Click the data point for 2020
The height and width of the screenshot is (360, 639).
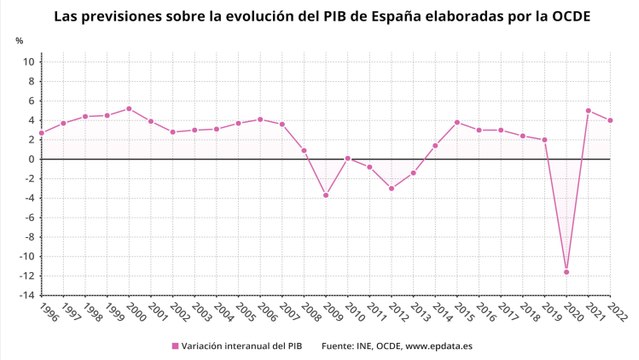[567, 272]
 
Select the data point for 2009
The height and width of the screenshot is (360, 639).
[326, 195]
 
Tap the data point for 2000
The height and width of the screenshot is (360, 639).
[129, 109]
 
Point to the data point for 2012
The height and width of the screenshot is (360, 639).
[391, 188]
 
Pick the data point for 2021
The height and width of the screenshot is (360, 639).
[589, 111]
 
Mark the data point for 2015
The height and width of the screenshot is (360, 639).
[457, 122]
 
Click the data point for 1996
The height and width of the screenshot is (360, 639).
[41, 133]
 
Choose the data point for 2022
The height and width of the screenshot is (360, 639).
[611, 121]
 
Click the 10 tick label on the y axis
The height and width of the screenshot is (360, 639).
[29, 62]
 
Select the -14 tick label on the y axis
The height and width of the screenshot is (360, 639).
[26, 295]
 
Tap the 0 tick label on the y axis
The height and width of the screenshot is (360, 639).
[31, 159]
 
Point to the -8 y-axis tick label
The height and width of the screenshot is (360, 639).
[29, 237]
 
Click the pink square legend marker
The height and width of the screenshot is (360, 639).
[175, 346]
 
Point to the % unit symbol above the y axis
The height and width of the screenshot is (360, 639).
[19, 40]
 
